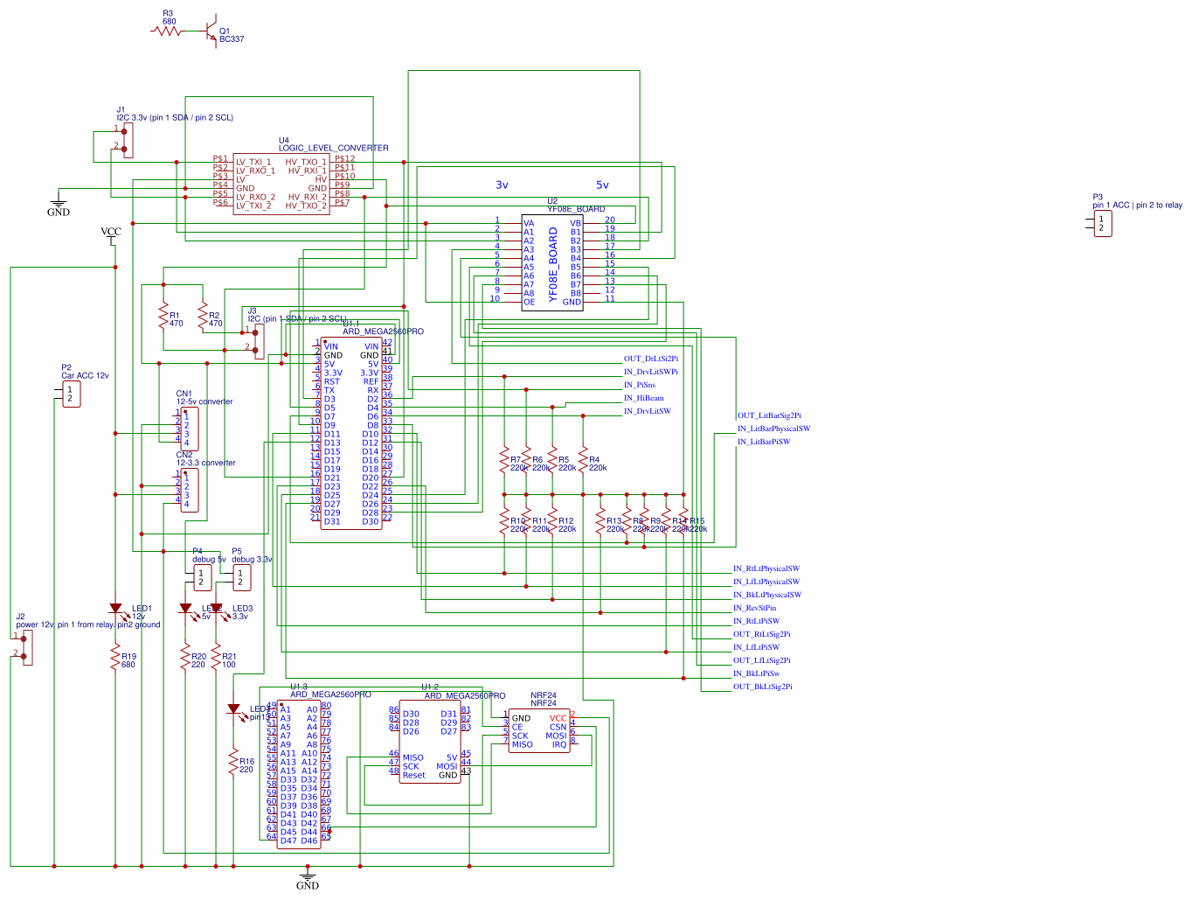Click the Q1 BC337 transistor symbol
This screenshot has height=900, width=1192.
coord(210,31)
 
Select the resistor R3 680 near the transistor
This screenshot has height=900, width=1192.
coord(166,31)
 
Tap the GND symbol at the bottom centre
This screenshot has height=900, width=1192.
coord(308,878)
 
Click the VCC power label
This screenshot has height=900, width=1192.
coord(111,233)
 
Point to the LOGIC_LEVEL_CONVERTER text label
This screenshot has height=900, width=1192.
coord(333,148)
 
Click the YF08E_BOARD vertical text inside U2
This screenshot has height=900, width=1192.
coord(552,264)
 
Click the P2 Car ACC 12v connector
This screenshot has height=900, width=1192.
coord(71,394)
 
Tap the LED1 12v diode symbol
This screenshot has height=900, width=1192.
coord(115,608)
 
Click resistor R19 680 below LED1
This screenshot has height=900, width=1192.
coord(115,658)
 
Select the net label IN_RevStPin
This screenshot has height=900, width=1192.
coord(754,608)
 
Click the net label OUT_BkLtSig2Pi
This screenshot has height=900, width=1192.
coord(762,687)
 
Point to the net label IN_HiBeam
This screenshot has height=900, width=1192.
coord(643,398)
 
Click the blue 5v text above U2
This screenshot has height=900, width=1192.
coord(602,185)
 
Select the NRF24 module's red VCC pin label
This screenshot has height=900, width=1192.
coord(558,718)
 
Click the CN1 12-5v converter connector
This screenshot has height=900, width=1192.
coord(189,428)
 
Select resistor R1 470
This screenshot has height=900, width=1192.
coord(163,316)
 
